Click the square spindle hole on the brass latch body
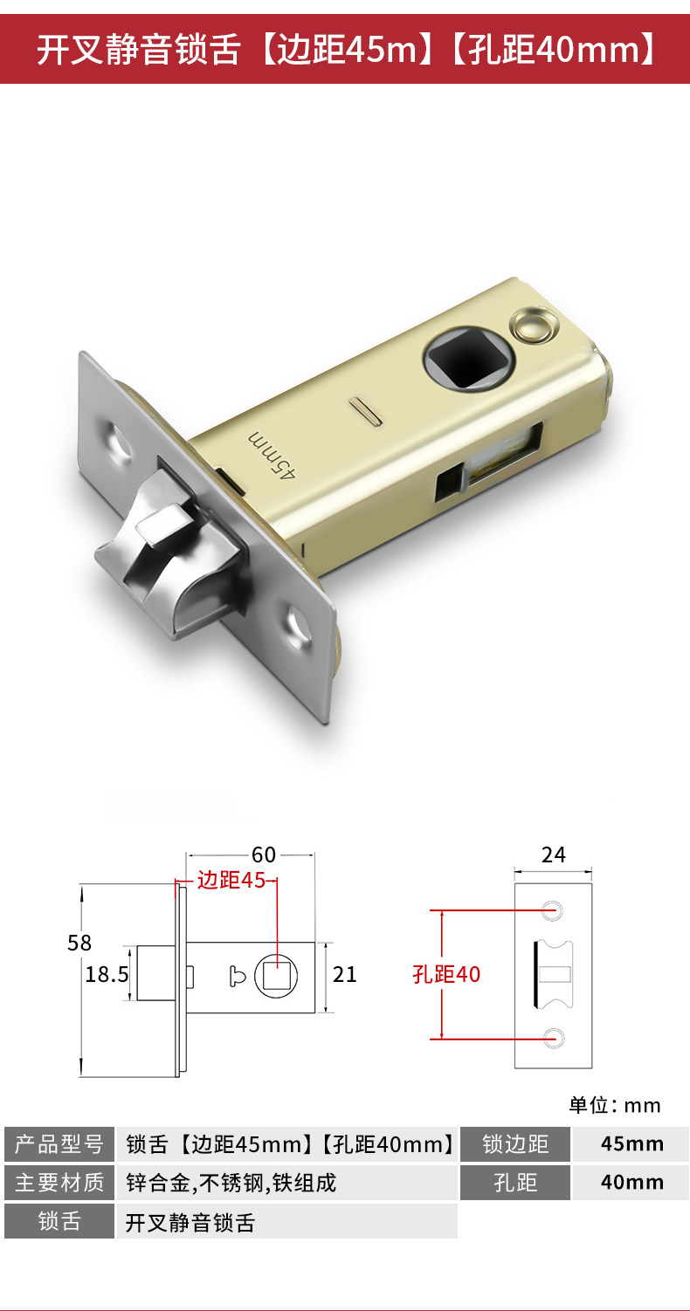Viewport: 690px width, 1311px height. click(x=469, y=358)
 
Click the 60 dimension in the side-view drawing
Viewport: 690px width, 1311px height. click(x=264, y=855)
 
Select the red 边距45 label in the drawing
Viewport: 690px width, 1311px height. click(x=231, y=880)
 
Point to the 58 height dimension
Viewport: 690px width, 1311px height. click(x=79, y=943)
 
